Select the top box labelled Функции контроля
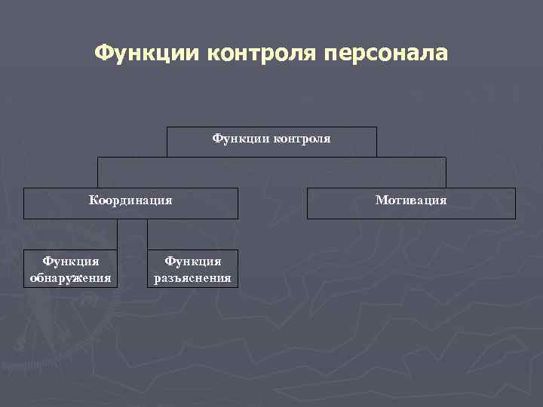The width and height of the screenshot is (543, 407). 271,142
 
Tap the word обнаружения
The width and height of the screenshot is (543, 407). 70,277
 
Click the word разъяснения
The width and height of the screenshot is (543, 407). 193,277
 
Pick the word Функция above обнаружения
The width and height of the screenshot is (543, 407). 70,261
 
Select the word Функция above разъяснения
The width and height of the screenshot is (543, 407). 193,261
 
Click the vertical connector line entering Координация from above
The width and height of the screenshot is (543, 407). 97,173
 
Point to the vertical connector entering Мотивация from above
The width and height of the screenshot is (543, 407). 446,173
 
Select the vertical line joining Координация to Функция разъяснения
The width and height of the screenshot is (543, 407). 147,234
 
